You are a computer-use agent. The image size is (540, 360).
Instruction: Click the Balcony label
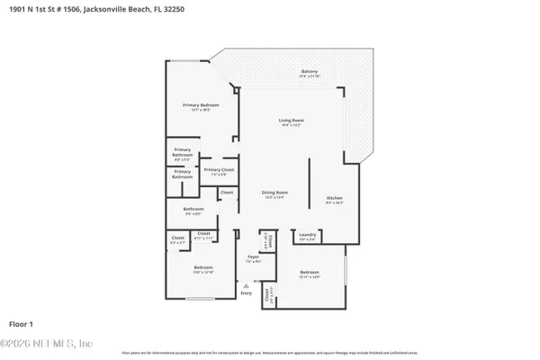pos(310,72)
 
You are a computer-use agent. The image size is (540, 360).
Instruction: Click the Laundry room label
pos(307,236)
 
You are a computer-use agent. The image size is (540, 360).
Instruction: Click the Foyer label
pos(254,259)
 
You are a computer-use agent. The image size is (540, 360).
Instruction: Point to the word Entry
pos(247,293)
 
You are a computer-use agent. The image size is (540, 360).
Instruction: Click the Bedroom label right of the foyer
pos(309,274)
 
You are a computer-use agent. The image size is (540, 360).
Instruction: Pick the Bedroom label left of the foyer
pos(203,268)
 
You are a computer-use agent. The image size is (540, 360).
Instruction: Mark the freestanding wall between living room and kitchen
pos(309,180)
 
